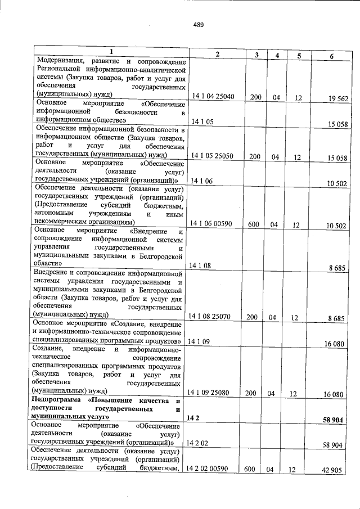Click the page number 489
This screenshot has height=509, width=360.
coord(197,24)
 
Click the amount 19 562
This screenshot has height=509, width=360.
coord(338,98)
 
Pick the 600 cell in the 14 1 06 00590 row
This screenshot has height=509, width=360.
coord(253,224)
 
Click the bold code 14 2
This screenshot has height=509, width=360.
coord(193,418)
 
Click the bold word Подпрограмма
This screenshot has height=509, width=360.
coord(57,400)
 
